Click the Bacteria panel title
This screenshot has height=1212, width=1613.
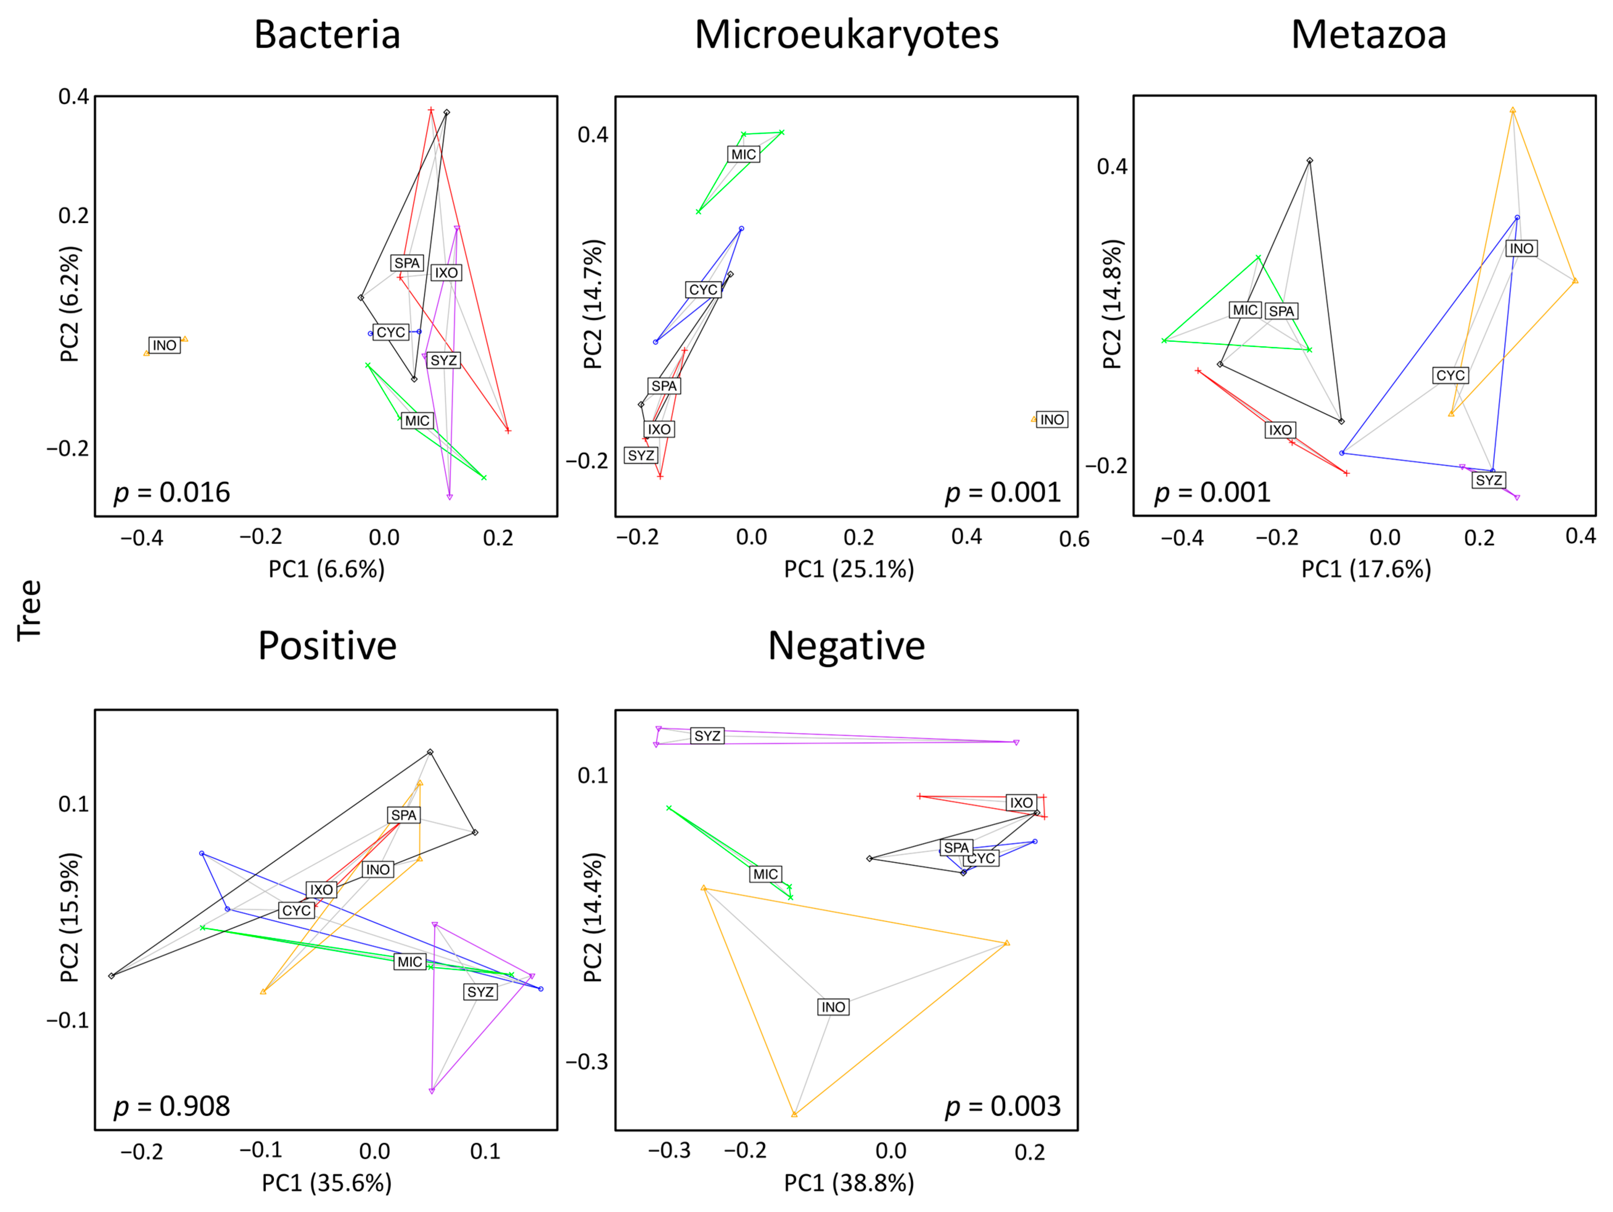(x=328, y=35)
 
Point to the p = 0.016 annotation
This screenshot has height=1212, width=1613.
(x=172, y=493)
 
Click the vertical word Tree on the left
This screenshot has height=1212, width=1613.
(x=29, y=611)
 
